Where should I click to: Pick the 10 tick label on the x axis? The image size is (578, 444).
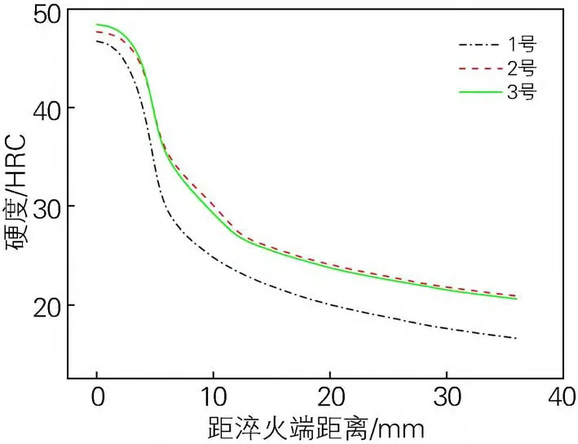point(213,399)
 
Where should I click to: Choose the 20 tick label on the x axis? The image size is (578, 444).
point(329,399)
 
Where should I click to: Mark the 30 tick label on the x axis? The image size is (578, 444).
point(446,399)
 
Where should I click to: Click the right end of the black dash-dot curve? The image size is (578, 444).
point(516,338)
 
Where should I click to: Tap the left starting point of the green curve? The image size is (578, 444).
point(97,24)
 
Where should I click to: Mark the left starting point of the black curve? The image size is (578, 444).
point(97,41)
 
